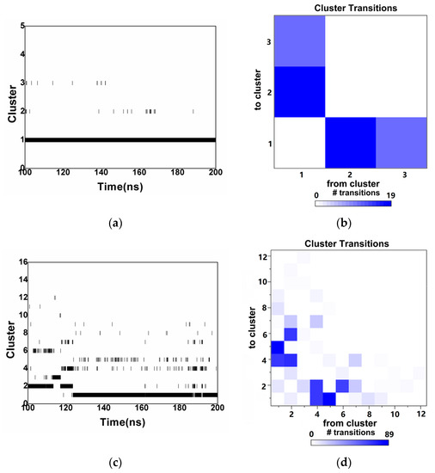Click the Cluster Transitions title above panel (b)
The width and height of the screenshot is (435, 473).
[351, 8]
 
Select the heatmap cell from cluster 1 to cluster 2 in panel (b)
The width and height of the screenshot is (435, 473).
[299, 91]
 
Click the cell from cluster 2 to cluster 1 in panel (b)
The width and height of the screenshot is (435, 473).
[351, 142]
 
